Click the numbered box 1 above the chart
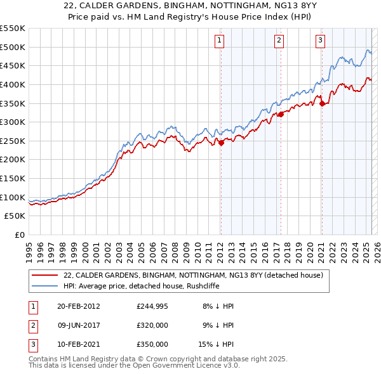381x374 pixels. [220, 41]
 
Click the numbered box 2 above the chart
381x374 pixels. [279, 41]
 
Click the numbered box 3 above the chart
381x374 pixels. [320, 41]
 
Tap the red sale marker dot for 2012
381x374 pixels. [221, 143]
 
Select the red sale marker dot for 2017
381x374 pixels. [280, 115]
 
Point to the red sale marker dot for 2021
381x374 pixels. [322, 103]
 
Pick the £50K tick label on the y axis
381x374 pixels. [15, 216]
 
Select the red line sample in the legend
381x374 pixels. [45, 275]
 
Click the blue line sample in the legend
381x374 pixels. [45, 285]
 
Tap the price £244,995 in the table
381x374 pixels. [152, 306]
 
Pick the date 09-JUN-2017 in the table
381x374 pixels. [79, 325]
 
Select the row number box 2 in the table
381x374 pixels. [33, 325]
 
